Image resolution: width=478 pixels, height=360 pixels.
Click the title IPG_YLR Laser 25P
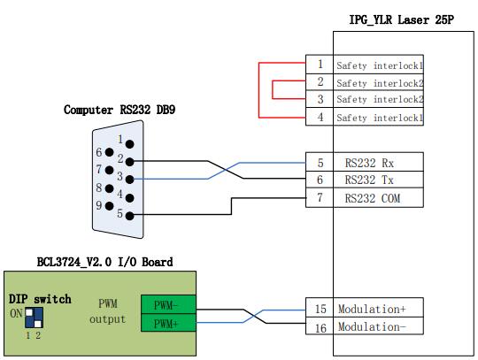click(x=401, y=19)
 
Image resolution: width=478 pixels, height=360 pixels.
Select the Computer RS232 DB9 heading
click(x=119, y=110)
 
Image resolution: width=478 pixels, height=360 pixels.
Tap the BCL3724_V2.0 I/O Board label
click(x=104, y=262)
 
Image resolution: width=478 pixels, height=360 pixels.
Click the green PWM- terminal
click(x=168, y=304)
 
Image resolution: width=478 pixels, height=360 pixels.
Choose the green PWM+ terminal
click(x=168, y=323)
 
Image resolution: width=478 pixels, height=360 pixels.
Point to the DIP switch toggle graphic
click(x=34, y=318)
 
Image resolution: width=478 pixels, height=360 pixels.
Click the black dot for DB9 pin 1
click(x=129, y=144)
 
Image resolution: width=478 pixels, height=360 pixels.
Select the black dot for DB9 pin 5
click(x=129, y=216)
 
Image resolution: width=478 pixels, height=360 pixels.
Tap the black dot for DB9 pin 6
click(x=109, y=152)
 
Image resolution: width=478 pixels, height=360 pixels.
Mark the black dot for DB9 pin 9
click(x=109, y=206)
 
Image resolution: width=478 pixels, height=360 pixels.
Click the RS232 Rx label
click(x=369, y=163)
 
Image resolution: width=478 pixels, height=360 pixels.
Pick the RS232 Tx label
click(x=369, y=180)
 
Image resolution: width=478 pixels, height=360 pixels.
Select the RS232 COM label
click(x=372, y=198)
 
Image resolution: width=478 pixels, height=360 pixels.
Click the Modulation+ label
click(x=372, y=309)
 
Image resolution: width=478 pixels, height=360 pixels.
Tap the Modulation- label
click(x=372, y=326)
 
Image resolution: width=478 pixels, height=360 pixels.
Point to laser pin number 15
click(x=320, y=309)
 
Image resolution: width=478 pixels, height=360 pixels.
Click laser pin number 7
click(x=320, y=197)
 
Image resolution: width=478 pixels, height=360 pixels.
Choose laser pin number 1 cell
click(x=320, y=65)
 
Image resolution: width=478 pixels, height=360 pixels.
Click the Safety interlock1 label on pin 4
click(x=380, y=118)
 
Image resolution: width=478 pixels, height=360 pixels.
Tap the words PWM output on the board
click(x=108, y=311)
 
